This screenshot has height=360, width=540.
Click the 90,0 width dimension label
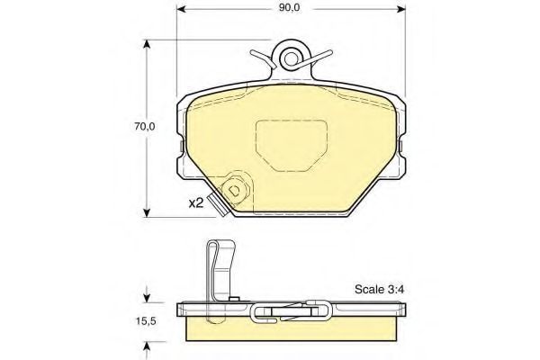coord(289,8)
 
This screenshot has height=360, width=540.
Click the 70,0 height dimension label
coord(145,127)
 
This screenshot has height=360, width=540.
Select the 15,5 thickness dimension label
coord(145,321)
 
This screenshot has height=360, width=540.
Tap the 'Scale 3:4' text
coord(379,289)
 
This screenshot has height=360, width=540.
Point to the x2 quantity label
coord(196,203)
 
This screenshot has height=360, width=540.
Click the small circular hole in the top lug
coord(291,58)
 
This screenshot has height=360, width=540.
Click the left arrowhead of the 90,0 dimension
coord(181,9)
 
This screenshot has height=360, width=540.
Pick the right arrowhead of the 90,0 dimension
coord(401,9)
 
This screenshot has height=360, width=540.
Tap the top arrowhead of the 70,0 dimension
coord(147,44)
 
